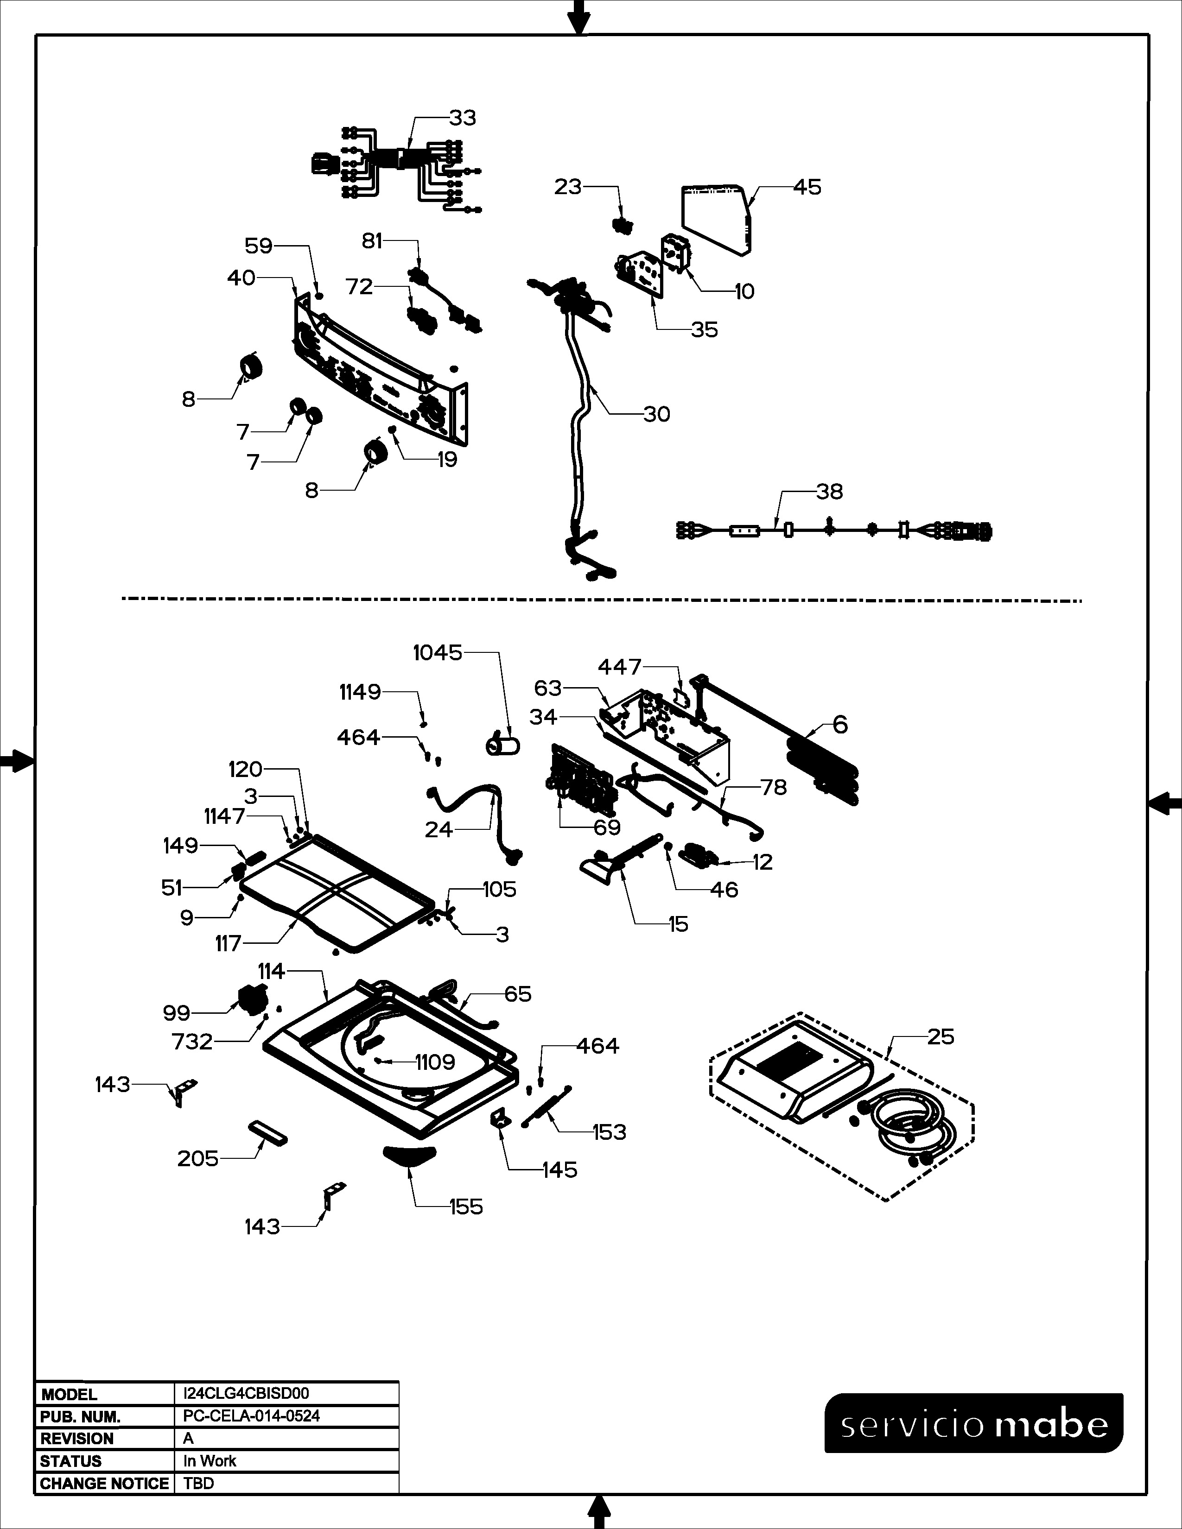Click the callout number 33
click(x=462, y=118)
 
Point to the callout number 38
click(x=829, y=492)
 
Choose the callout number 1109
click(x=435, y=1062)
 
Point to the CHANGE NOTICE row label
click(x=104, y=1484)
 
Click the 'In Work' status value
click(x=210, y=1461)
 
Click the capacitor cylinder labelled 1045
click(x=503, y=745)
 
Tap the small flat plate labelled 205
click(x=267, y=1132)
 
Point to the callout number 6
click(x=840, y=725)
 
